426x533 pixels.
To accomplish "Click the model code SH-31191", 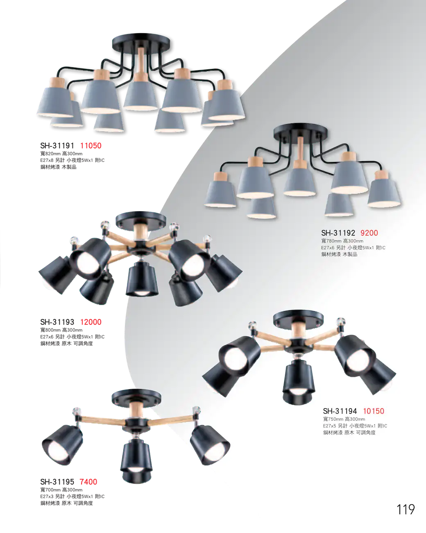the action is click(57, 146).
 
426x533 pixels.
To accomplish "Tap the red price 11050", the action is click(91, 146).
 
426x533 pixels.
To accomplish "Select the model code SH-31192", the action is click(338, 233).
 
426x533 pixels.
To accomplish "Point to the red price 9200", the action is click(369, 233).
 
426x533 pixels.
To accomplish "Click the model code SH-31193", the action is click(57, 322).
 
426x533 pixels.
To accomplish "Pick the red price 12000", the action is click(91, 322).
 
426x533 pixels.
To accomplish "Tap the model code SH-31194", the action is click(340, 411).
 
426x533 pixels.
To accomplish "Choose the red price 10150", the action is click(374, 411).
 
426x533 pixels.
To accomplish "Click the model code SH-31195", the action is click(57, 482).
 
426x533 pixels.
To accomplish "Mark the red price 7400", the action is click(88, 482).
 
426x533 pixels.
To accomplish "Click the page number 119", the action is click(406, 510).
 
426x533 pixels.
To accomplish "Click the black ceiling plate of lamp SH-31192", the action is click(300, 131).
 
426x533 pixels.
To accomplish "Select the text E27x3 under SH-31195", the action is click(47, 497).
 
